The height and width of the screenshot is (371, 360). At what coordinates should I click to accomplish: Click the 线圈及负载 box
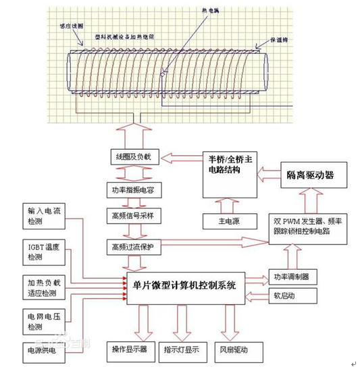click(133, 158)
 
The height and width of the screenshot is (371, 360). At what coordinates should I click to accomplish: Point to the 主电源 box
click(231, 221)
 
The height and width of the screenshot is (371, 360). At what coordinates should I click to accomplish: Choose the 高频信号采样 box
click(133, 216)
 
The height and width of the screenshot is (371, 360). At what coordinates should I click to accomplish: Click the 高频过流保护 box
click(133, 246)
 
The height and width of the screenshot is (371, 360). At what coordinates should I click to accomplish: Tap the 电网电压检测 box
click(43, 321)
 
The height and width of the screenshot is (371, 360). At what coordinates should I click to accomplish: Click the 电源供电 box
click(43, 351)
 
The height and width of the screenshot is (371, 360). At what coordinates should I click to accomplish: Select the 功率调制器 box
click(291, 277)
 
